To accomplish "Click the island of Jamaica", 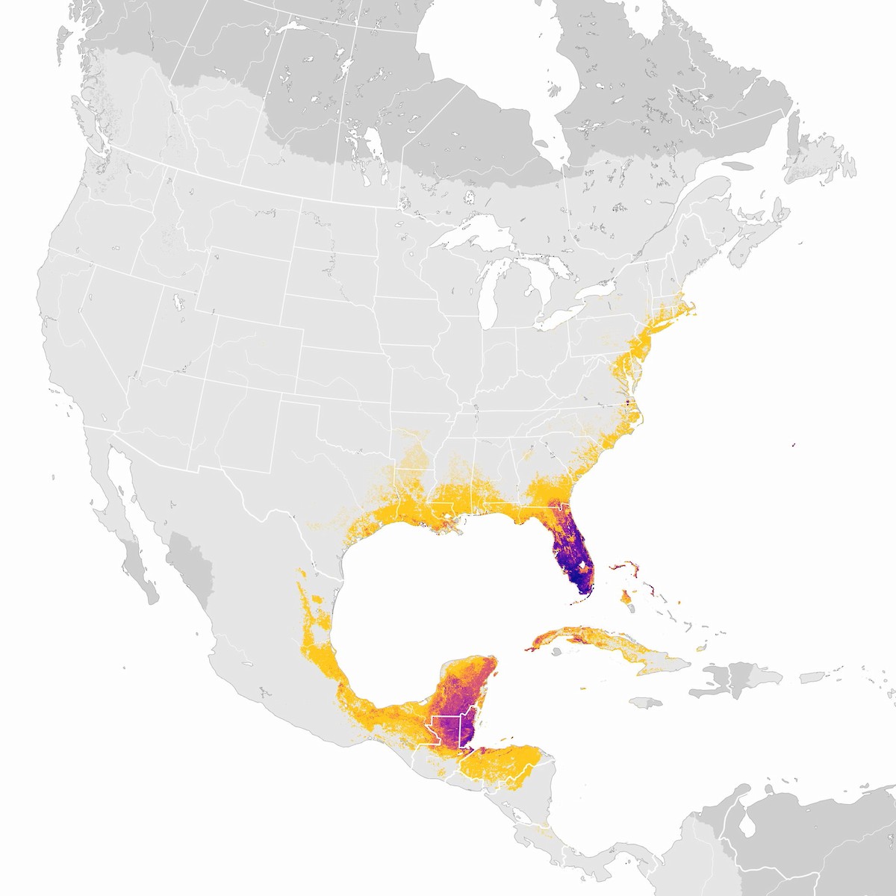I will [647, 703].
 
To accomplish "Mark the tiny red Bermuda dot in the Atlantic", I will [793, 444].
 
